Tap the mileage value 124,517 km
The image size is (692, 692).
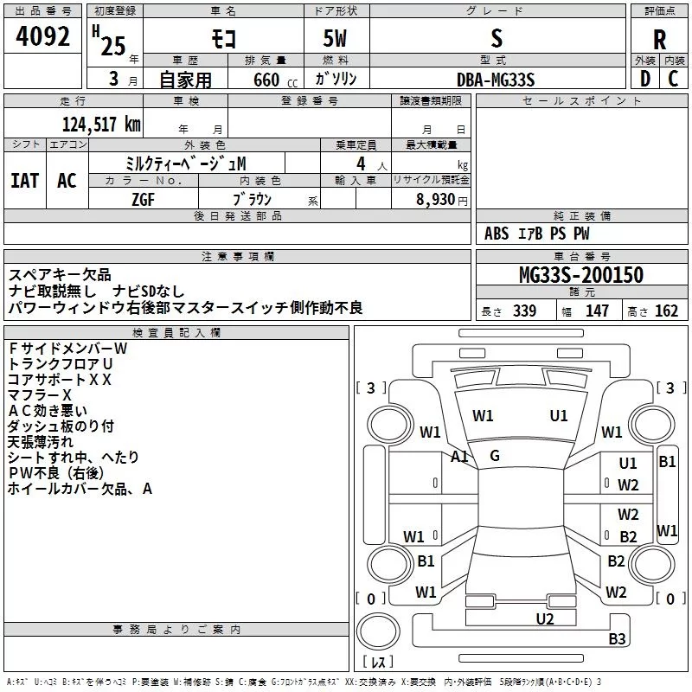[x=102, y=124]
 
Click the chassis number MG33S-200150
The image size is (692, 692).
[x=581, y=276]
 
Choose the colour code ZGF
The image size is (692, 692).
[x=144, y=198]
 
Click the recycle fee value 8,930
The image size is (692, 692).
[x=431, y=199]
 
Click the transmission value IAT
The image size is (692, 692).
[x=24, y=181]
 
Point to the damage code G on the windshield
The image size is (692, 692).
[x=495, y=456]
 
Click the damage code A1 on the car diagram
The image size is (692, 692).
[x=459, y=457]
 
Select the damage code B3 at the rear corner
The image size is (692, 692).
[x=617, y=639]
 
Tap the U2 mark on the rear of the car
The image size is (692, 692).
[x=544, y=618]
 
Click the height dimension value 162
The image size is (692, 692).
[x=667, y=311]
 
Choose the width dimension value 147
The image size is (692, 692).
[x=597, y=311]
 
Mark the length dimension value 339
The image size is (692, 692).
[x=524, y=311]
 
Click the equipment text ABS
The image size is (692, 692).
[x=497, y=234]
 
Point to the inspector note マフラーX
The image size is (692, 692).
[x=40, y=394]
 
